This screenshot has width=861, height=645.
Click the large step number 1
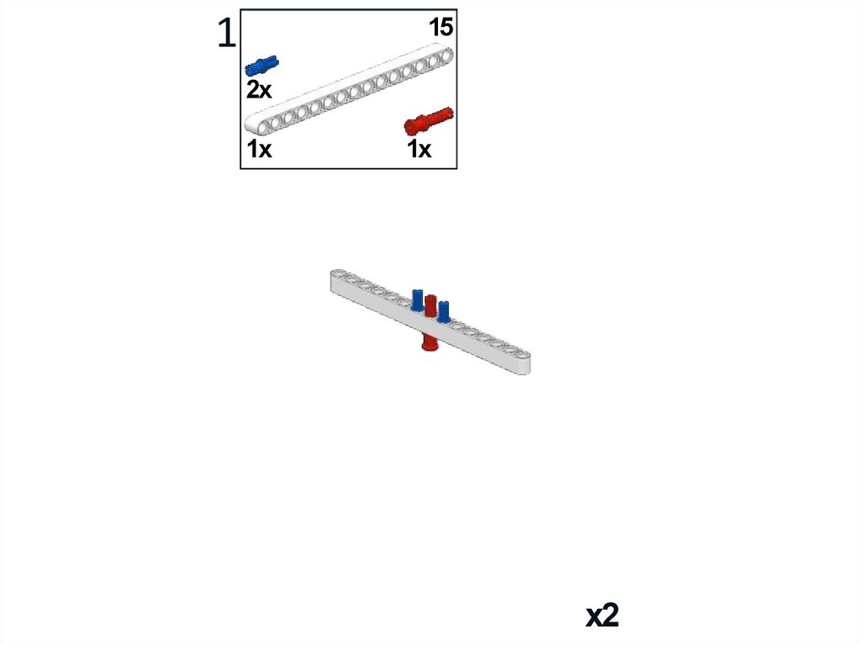click(226, 33)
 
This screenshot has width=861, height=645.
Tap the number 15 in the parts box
click(441, 28)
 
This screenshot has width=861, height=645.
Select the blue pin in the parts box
click(261, 65)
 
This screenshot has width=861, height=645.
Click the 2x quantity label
click(259, 90)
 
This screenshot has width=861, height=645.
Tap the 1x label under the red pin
click(419, 150)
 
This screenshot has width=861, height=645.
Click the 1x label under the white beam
click(259, 150)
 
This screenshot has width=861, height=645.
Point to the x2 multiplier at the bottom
click(602, 616)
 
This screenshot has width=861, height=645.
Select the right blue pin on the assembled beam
click(444, 309)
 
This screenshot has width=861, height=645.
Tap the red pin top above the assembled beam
click(430, 304)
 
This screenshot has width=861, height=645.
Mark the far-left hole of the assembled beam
click(338, 274)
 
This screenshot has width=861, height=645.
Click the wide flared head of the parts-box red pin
click(412, 126)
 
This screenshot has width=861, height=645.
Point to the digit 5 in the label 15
click(446, 28)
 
